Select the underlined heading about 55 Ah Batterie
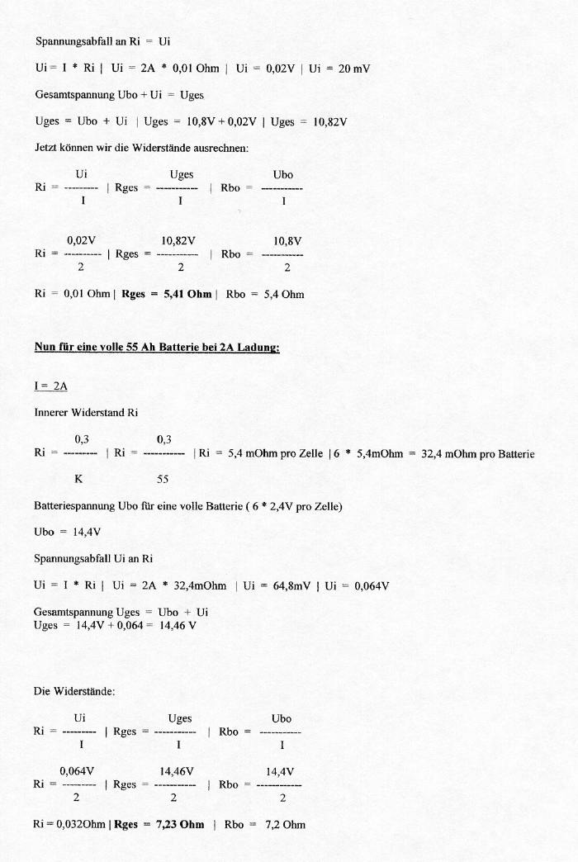pyautogui.click(x=157, y=348)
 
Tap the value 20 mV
pyautogui.click(x=353, y=69)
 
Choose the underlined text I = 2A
pyautogui.click(x=52, y=386)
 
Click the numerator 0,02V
pyautogui.click(x=81, y=240)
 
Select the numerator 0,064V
pyautogui.click(x=78, y=771)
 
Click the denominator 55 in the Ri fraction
pyautogui.click(x=163, y=478)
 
